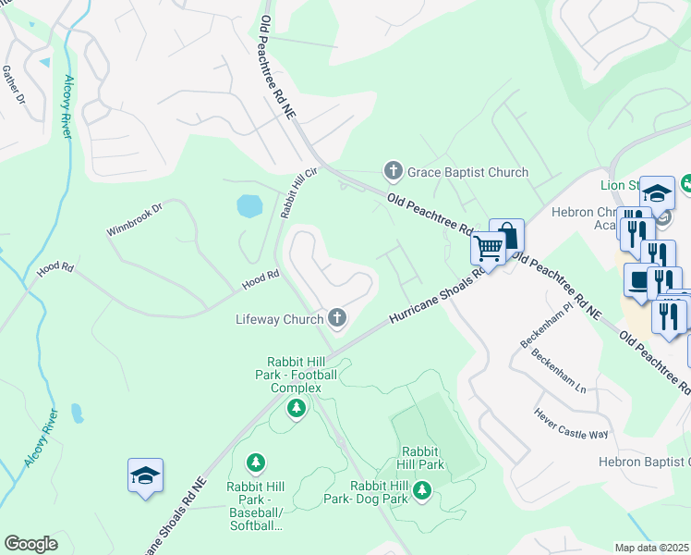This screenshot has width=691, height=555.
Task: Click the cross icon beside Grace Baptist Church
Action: (x=393, y=171)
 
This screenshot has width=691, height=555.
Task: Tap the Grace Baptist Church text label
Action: (x=467, y=172)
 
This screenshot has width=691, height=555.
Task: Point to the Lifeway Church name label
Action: (x=279, y=319)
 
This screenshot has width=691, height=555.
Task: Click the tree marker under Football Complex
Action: (x=296, y=408)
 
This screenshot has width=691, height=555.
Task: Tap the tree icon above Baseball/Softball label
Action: (x=256, y=462)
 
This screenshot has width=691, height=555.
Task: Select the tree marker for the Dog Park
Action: (x=422, y=489)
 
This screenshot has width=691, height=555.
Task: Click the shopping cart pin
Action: (x=487, y=247)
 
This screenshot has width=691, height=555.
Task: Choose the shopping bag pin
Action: (x=506, y=234)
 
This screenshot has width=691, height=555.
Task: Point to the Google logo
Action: (x=30, y=544)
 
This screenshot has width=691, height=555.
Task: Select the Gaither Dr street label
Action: (x=13, y=84)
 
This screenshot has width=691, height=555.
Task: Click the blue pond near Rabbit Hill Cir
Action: (x=249, y=205)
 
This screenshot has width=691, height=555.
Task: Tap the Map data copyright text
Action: (x=652, y=548)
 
